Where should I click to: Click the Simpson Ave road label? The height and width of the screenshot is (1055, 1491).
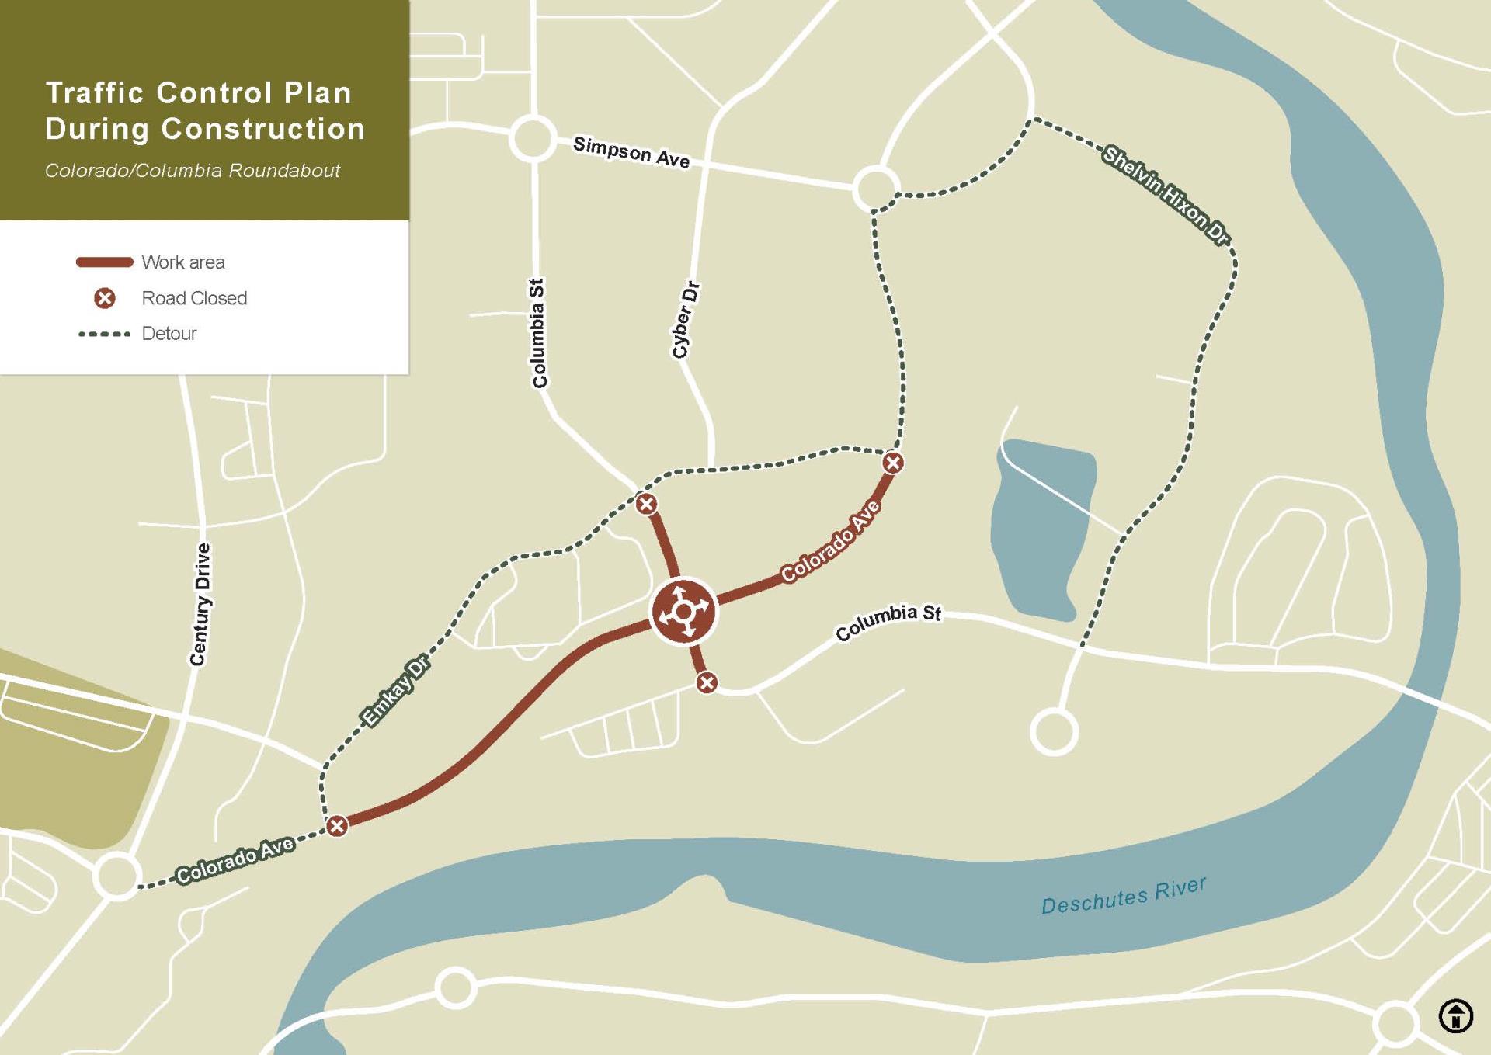click(x=631, y=151)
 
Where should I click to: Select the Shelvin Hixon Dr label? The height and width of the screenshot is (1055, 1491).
click(x=1166, y=195)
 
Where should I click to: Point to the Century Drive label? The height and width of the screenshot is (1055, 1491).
click(x=200, y=604)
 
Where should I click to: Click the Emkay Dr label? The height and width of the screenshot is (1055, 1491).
click(x=395, y=691)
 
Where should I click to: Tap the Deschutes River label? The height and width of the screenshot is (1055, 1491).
click(x=1123, y=895)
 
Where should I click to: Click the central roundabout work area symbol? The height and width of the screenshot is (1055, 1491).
click(x=683, y=612)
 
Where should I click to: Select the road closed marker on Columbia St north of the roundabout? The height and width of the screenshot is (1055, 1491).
click(x=646, y=504)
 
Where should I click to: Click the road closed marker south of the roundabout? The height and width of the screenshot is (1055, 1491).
click(x=706, y=682)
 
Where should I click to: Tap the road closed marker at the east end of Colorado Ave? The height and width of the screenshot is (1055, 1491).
click(x=893, y=463)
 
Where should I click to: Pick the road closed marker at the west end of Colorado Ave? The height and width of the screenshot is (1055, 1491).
click(x=336, y=825)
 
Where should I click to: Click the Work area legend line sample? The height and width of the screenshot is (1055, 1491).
click(x=104, y=262)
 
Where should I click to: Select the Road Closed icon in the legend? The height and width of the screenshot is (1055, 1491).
click(x=105, y=298)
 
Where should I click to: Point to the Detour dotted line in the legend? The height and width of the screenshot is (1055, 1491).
click(x=104, y=334)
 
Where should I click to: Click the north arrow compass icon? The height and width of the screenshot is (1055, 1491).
click(x=1455, y=1015)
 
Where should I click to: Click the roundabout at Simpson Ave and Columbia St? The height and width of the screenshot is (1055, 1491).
click(x=533, y=139)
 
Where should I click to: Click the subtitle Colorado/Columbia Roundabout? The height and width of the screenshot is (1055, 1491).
click(x=193, y=171)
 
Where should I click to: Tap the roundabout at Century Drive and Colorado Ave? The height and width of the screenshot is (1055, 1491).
click(x=117, y=876)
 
